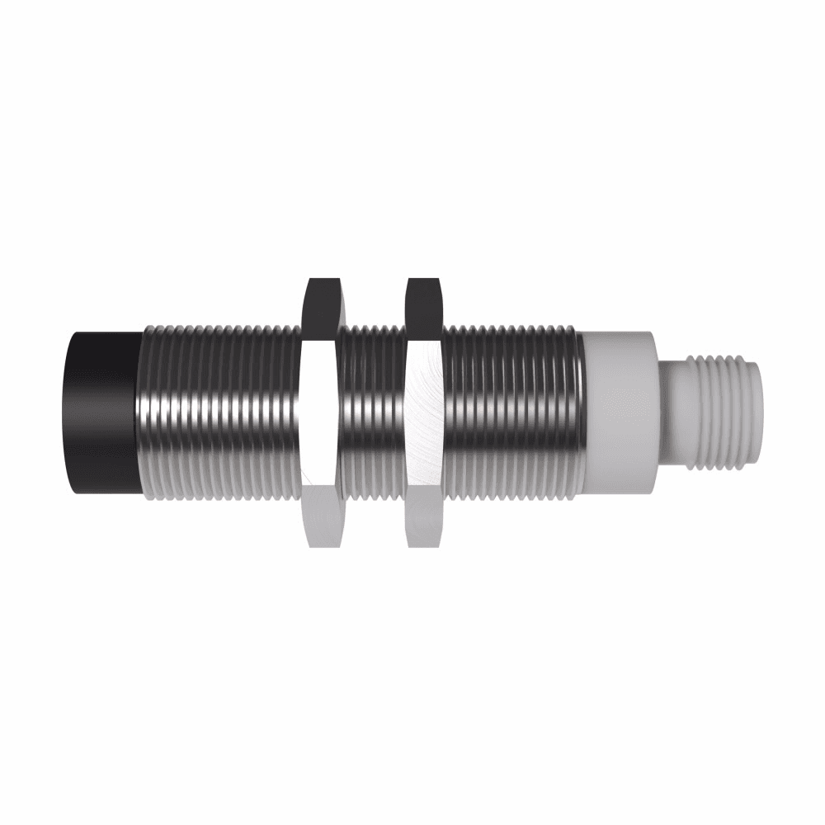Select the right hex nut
coord(425,412)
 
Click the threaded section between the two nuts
coord(373,412)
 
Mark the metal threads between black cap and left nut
coord(219,412)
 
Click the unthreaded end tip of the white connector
coord(757,412)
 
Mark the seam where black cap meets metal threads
coord(139,412)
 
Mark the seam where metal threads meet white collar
coord(582,412)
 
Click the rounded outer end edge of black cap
coord(73,412)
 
